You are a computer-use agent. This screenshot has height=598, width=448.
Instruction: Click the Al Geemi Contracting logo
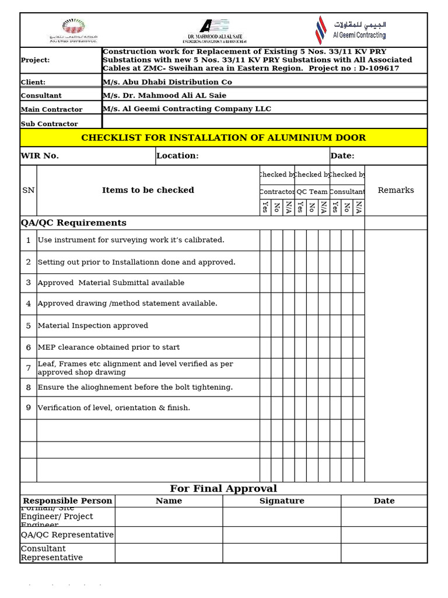pos(351,30)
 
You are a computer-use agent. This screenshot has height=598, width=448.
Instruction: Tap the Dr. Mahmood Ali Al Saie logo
pos(213,31)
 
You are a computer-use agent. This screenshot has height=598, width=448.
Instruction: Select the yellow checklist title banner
pos(223,138)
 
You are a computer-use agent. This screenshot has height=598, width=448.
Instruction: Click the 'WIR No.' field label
pos(40,156)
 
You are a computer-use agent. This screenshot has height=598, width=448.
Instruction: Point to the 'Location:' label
pos(178,156)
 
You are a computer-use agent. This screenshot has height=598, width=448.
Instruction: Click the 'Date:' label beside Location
pos(342,156)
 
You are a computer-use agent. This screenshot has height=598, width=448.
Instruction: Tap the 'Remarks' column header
pos(395,190)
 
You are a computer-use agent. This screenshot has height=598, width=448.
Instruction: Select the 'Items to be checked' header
pos(148,190)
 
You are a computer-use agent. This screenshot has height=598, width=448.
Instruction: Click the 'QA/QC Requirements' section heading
pos(73,223)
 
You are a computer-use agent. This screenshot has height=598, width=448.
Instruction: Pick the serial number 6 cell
pos(28,347)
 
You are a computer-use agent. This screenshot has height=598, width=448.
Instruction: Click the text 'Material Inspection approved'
pos(93,326)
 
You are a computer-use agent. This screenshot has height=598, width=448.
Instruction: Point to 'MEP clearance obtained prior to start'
pos(108,347)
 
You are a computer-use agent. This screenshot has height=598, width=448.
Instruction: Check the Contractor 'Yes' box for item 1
pos(265,240)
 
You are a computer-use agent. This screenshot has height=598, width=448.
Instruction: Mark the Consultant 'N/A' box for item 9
pos(359,408)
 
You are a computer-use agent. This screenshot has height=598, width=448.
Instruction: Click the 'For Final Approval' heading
pos(223,489)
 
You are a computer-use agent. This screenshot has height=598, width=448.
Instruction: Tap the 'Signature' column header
pos(282,501)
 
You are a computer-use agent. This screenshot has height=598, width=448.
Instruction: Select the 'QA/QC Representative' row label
pos(67,535)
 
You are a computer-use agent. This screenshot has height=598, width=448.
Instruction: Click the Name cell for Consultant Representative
pos(169,553)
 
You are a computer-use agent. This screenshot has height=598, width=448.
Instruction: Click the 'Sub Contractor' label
pos(49,124)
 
